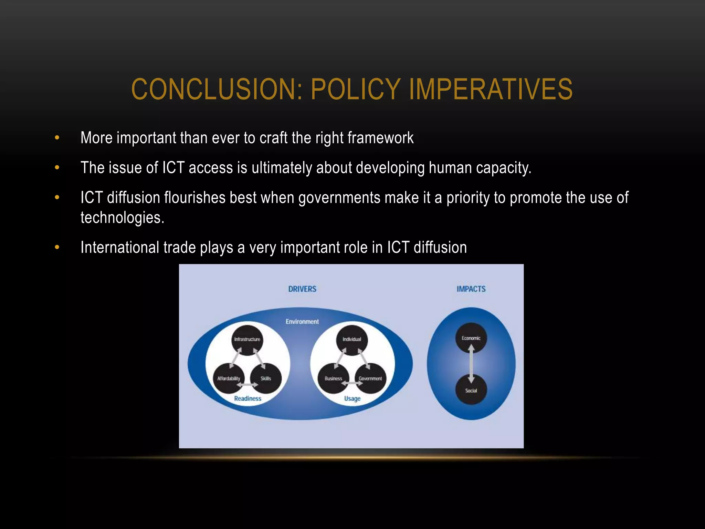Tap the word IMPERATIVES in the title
point(491,89)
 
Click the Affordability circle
point(229,378)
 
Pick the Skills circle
point(266,378)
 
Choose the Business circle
point(333,378)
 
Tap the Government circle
point(370,378)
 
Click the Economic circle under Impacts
point(471,338)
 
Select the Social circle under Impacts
point(471,390)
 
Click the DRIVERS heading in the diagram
point(302,289)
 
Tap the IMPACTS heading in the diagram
point(471,289)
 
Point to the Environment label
point(302,322)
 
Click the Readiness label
point(248,398)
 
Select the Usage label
point(352,398)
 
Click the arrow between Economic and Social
point(471,364)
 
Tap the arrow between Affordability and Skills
point(247,385)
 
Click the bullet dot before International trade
point(57,247)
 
